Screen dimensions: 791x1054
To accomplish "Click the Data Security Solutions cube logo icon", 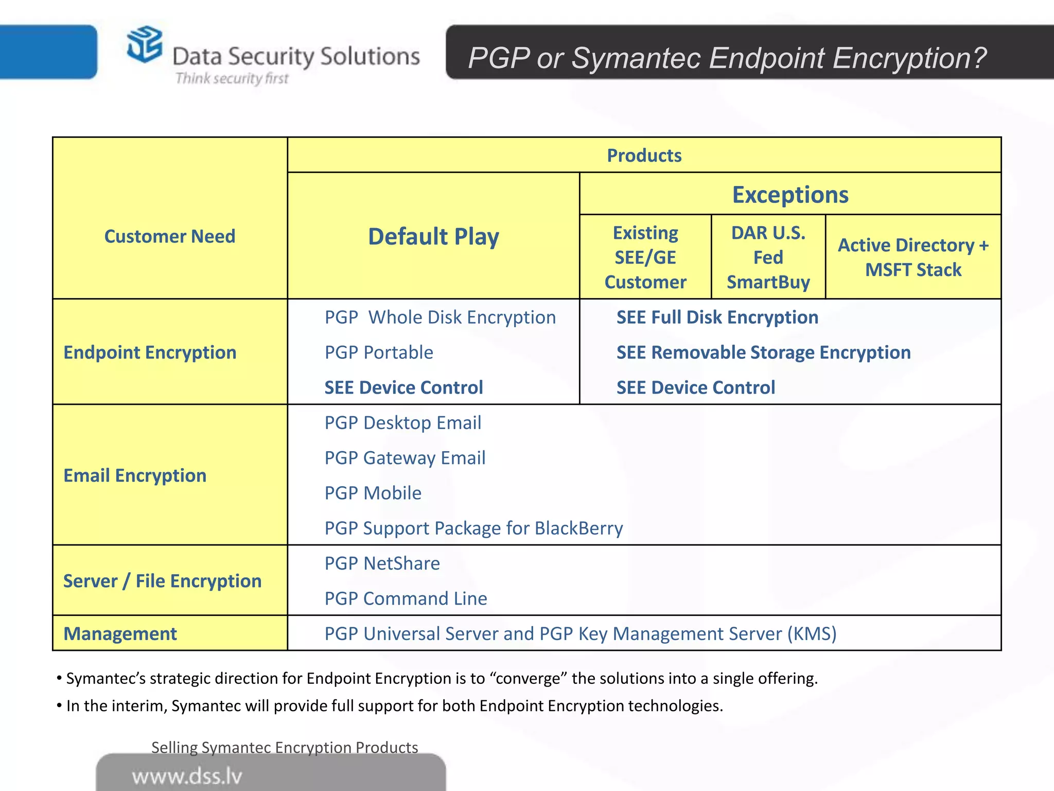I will pos(144,44).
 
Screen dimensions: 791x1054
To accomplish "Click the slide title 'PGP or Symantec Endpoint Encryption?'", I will pos(727,58).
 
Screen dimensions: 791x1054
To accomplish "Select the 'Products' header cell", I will pos(644,156).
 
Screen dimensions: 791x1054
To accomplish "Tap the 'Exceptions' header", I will pos(790,195).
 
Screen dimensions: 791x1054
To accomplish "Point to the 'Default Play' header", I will pos(433,237).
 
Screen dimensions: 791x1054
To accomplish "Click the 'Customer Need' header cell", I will pos(169,236).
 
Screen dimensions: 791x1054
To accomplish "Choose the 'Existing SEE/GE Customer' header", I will pos(645,257).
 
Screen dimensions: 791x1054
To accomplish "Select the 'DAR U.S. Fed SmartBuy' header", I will pos(768,257).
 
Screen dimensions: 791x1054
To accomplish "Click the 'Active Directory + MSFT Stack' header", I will pos(913,257).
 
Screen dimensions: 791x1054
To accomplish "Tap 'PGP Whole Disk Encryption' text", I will pos(440,317).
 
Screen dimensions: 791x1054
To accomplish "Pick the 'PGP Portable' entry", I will pos(379,353).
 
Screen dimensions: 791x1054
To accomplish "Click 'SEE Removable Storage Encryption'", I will pos(763,353).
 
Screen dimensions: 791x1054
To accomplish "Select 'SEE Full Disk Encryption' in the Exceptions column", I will pos(717,317).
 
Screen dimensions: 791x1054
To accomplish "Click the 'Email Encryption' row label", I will pos(135,475).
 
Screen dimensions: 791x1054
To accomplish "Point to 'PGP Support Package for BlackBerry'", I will pos(473,528).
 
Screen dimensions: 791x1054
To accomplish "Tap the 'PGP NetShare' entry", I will pos(382,563).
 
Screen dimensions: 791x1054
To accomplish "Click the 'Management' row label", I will pos(120,633).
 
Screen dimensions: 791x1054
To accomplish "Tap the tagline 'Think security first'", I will pos(232,78).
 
